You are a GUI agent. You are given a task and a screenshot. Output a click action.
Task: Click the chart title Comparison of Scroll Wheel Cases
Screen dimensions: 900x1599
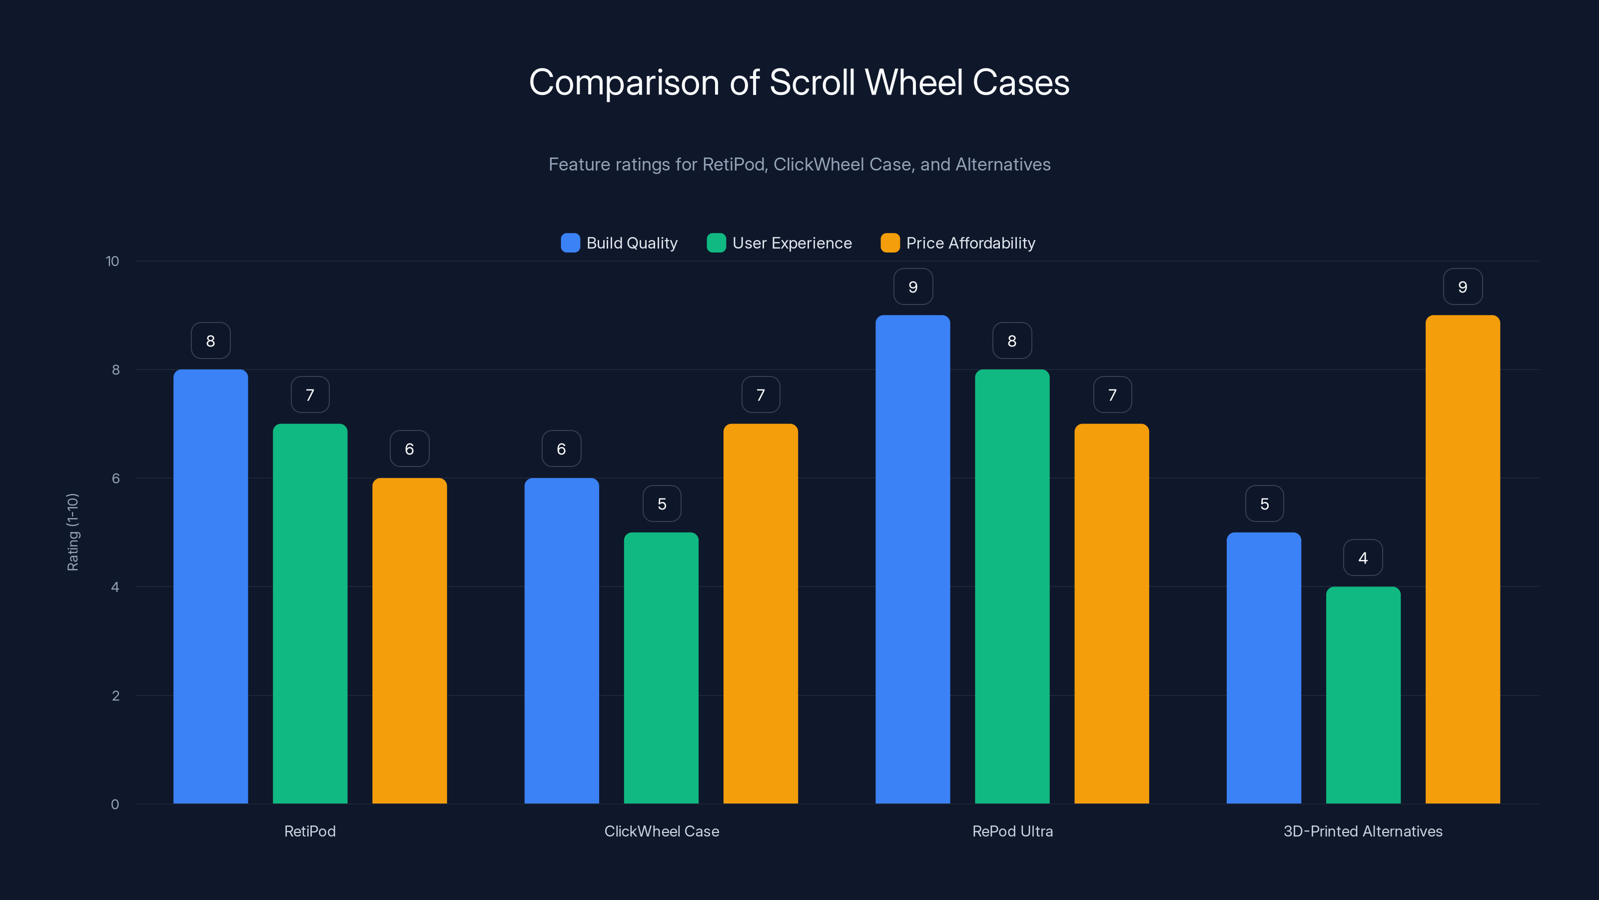pyautogui.click(x=799, y=82)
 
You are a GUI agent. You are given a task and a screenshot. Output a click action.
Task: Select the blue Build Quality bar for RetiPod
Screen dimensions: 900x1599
pyautogui.click(x=210, y=586)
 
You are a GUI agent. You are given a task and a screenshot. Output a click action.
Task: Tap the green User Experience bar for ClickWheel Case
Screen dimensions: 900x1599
pyautogui.click(x=661, y=667)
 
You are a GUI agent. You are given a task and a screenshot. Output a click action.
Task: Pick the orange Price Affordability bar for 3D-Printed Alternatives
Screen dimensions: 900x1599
pyautogui.click(x=1463, y=559)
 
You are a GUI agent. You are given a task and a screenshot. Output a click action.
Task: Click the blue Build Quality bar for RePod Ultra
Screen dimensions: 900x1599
pyautogui.click(x=912, y=559)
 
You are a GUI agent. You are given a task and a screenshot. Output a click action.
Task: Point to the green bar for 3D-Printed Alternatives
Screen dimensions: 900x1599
pyautogui.click(x=1363, y=695)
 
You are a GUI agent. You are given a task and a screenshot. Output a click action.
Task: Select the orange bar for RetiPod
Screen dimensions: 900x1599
pyautogui.click(x=409, y=640)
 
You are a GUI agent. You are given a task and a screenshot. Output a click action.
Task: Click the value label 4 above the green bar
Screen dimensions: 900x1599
pyautogui.click(x=1363, y=558)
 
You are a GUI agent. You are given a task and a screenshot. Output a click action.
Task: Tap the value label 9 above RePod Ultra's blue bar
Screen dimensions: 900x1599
pyautogui.click(x=912, y=287)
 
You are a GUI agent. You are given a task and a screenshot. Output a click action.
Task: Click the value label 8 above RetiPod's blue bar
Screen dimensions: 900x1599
pyautogui.click(x=210, y=341)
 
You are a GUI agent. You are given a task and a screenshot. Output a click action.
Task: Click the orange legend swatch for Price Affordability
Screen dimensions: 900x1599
pyautogui.click(x=889, y=243)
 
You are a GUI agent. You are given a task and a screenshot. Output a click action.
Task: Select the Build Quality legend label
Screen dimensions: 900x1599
pyautogui.click(x=631, y=243)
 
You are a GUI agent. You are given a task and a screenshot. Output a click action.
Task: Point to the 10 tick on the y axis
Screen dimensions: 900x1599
pyautogui.click(x=112, y=261)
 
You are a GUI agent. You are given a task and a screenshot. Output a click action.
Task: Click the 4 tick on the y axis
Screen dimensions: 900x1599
pyautogui.click(x=115, y=587)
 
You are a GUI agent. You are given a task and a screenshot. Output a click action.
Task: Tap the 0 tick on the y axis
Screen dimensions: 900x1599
pyautogui.click(x=115, y=804)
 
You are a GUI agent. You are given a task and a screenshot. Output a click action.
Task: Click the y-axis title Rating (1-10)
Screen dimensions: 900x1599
pyautogui.click(x=72, y=532)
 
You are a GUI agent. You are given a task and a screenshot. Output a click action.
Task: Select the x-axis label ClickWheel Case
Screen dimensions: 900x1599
pyautogui.click(x=662, y=831)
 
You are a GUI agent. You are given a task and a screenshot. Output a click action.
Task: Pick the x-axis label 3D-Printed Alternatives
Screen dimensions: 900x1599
pyautogui.click(x=1363, y=831)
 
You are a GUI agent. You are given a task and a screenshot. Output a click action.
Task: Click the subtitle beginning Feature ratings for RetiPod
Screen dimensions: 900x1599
pyautogui.click(x=799, y=164)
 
